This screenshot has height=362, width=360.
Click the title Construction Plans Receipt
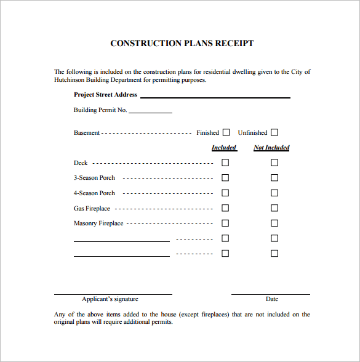(182, 44)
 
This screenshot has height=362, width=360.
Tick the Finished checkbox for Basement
(226, 132)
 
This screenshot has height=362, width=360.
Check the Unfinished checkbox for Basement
(274, 132)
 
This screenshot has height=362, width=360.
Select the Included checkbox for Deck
(225, 163)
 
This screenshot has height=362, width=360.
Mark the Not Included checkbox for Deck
(274, 163)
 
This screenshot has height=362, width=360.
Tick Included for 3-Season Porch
(225, 177)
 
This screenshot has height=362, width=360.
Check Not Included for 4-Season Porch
(274, 193)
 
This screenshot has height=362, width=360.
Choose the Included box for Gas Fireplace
(225, 208)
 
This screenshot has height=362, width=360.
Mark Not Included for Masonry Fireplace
(274, 223)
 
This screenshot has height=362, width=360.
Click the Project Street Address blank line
(215, 96)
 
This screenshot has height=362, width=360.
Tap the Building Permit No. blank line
(150, 111)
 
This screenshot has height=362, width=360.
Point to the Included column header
(224, 148)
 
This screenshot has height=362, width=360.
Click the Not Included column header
(271, 148)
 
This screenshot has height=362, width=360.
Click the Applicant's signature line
(110, 294)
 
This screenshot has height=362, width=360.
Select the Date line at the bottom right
(271, 294)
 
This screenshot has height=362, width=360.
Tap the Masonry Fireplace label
(98, 223)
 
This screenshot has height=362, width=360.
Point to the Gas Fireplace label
(92, 209)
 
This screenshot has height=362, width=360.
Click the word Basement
(87, 133)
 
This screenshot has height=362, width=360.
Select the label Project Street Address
(105, 95)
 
